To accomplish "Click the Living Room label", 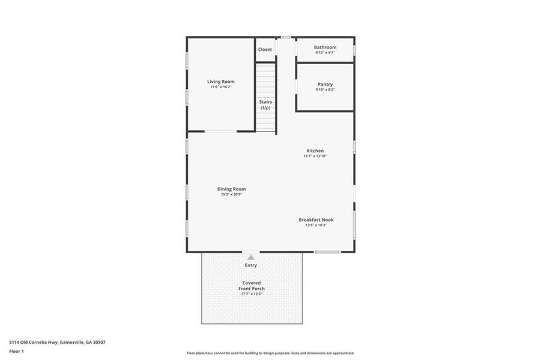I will pyautogui.click(x=220, y=82).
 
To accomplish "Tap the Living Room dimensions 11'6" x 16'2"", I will pyautogui.click(x=220, y=87).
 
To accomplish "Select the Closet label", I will pyautogui.click(x=265, y=49).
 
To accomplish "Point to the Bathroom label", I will pyautogui.click(x=325, y=47).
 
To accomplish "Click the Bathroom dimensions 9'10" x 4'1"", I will pyautogui.click(x=325, y=53).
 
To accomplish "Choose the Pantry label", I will pyautogui.click(x=325, y=85).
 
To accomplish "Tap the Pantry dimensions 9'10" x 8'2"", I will pyautogui.click(x=325, y=90).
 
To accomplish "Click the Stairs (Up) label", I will pyautogui.click(x=265, y=104).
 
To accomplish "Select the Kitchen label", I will pyautogui.click(x=315, y=151).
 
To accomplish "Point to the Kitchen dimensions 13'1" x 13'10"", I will pyautogui.click(x=315, y=156).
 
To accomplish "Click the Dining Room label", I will pyautogui.click(x=231, y=189).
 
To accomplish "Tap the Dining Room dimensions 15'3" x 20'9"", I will pyautogui.click(x=231, y=194).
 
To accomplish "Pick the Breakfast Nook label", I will pyautogui.click(x=316, y=220).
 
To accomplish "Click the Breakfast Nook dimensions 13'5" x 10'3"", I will pyautogui.click(x=316, y=225).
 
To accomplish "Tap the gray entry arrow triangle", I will pyautogui.click(x=251, y=257).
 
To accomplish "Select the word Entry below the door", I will pyautogui.click(x=251, y=265).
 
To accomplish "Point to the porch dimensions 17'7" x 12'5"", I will pyautogui.click(x=251, y=294).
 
